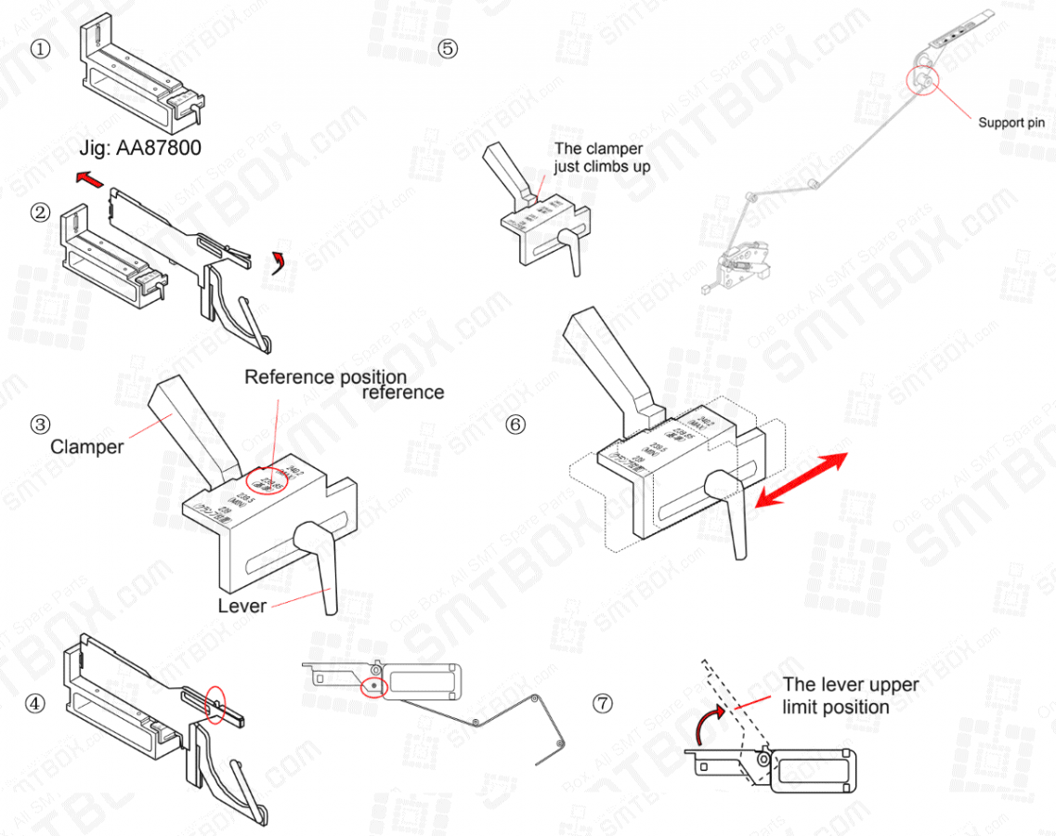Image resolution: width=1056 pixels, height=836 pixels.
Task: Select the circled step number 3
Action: tap(40, 425)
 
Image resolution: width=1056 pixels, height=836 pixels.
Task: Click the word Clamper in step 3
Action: tap(87, 447)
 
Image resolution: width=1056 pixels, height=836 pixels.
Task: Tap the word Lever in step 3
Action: tap(242, 606)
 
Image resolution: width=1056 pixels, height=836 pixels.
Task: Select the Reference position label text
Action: tap(325, 377)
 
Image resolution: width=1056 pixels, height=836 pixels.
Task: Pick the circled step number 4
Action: tap(35, 703)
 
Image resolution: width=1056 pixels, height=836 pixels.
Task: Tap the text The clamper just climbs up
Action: tap(602, 157)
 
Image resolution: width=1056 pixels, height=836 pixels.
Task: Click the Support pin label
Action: tap(1011, 123)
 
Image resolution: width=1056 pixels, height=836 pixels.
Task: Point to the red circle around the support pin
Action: tap(923, 81)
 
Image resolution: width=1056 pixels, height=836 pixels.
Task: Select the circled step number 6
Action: tap(516, 425)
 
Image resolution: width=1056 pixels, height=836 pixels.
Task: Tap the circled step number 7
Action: tap(603, 703)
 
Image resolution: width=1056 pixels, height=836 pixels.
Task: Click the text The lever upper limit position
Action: tap(850, 696)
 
